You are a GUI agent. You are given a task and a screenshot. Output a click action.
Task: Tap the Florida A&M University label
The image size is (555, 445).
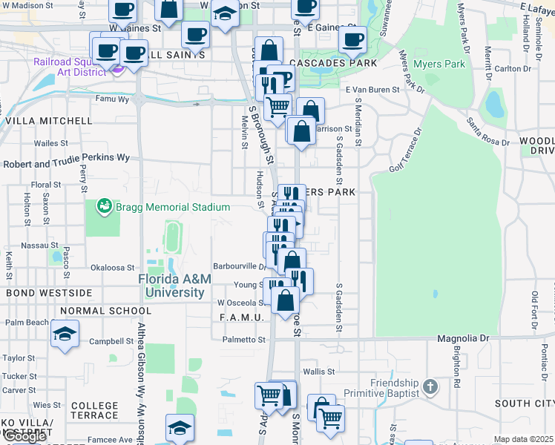pyautogui.click(x=175, y=286)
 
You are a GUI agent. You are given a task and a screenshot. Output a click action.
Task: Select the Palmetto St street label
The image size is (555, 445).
pyautogui.click(x=244, y=340)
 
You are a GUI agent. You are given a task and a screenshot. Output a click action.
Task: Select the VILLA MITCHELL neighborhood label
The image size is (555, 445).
pyautogui.click(x=48, y=120)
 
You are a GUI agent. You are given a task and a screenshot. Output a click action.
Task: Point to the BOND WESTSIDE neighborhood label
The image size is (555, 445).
pyautogui.click(x=49, y=293)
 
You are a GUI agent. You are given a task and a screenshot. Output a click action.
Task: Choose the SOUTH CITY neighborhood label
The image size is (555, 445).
pyautogui.click(x=524, y=403)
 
